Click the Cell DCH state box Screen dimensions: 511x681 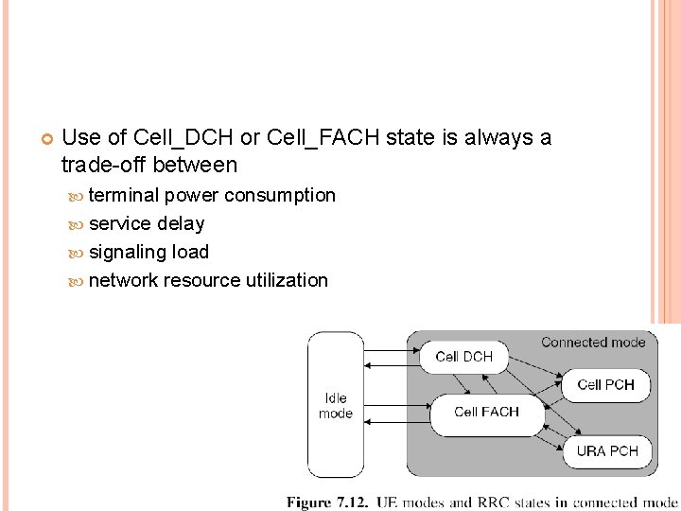click(463, 357)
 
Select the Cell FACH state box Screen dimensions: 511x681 click(486, 413)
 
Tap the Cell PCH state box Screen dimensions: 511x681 click(605, 385)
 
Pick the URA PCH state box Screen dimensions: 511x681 click(606, 451)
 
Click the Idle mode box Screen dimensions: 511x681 click(336, 405)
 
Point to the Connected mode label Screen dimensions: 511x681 click(593, 342)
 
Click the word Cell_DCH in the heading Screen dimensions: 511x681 click(185, 138)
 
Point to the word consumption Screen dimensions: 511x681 click(279, 195)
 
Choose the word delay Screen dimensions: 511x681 click(181, 223)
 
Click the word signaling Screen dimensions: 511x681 click(127, 252)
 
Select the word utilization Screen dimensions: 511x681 click(287, 280)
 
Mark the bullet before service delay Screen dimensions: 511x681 click(77, 224)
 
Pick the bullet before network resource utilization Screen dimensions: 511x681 click(77, 281)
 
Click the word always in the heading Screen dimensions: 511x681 click(500, 138)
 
